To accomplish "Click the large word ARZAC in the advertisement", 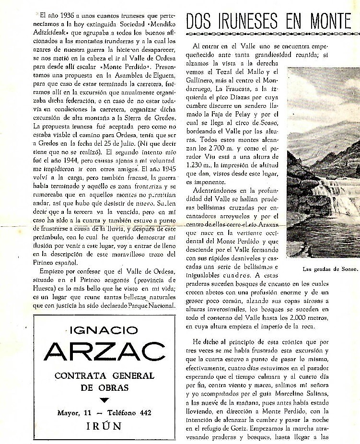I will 105,352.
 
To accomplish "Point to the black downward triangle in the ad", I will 105,400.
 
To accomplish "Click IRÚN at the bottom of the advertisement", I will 104,426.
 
